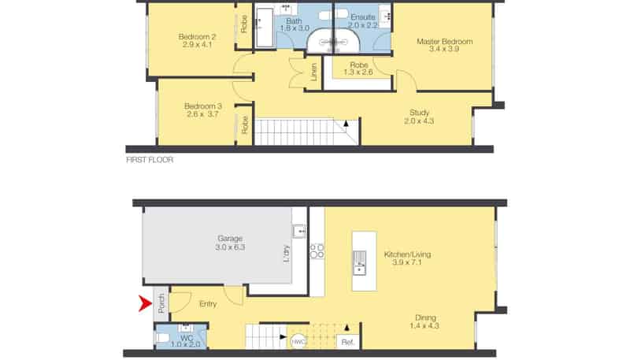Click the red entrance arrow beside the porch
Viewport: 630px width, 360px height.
[x=146, y=303]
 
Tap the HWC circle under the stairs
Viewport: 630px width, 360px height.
[x=298, y=342]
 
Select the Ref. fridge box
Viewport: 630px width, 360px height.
[x=348, y=342]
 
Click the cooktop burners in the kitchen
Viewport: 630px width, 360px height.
[x=317, y=251]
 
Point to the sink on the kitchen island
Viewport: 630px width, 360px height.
[x=360, y=263]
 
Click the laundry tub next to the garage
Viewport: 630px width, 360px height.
[x=298, y=232]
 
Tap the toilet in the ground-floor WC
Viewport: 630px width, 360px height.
[x=163, y=337]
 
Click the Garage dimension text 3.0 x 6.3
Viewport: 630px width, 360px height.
[x=230, y=247]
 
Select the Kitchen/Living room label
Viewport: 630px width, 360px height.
[x=407, y=254]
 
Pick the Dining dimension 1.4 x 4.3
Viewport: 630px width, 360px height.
[x=424, y=326]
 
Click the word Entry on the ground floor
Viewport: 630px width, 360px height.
[x=208, y=304]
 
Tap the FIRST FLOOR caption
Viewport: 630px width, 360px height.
[x=150, y=160]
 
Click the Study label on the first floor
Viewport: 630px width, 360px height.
[x=420, y=113]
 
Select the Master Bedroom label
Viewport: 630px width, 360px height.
[x=445, y=42]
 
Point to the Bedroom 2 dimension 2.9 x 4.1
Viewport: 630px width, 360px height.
[x=198, y=45]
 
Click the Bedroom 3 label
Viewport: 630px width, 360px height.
[x=203, y=106]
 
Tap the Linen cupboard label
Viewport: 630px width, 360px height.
[x=313, y=72]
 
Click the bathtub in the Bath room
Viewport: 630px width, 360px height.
[x=265, y=28]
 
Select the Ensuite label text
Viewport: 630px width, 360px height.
[x=363, y=17]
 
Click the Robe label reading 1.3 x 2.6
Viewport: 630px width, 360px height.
[x=358, y=72]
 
